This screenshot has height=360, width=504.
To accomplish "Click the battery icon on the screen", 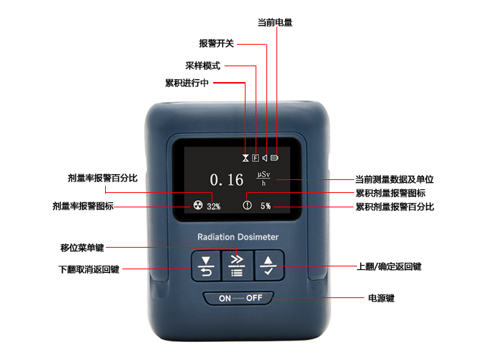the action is tap(274, 158).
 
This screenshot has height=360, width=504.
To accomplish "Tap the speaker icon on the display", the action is tap(264, 158).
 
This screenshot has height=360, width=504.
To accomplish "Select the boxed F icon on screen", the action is tap(256, 158).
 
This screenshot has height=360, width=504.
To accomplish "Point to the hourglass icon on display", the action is tap(246, 158).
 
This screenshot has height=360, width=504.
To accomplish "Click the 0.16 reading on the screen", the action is tap(227, 180).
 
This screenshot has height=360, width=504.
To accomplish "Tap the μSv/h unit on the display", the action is tap(264, 179).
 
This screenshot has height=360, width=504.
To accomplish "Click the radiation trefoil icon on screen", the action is tap(198, 204).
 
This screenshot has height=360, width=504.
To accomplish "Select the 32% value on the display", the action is tap(214, 207).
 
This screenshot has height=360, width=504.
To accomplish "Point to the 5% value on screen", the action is tap(266, 206).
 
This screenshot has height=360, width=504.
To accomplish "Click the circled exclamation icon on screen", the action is tap(247, 204).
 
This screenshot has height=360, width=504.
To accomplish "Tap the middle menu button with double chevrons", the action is tap(237, 266).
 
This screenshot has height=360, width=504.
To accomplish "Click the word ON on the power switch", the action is tap(225, 299).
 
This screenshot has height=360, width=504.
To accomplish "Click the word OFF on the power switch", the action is tap(254, 298).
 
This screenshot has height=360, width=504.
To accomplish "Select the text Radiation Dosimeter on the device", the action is tap(238, 237).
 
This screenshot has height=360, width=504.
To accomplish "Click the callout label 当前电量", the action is tap(275, 22).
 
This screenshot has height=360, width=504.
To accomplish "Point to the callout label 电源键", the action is tap(381, 298).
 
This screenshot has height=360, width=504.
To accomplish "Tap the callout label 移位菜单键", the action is tap(82, 248).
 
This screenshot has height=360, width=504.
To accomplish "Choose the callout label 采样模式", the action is tap(202, 66).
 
